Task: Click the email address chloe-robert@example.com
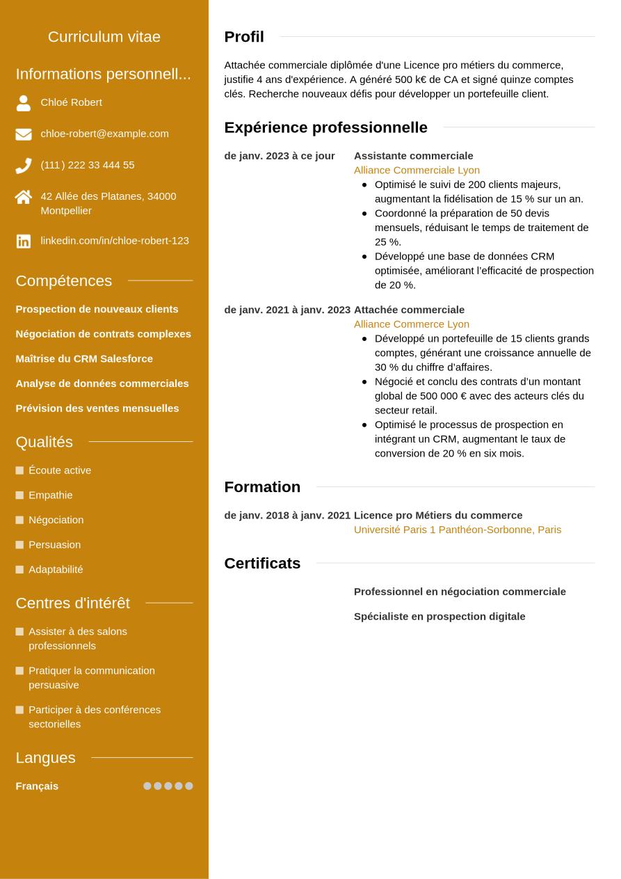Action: click(104, 134)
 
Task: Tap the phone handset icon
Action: click(24, 166)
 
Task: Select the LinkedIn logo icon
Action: click(24, 241)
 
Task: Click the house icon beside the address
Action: click(24, 198)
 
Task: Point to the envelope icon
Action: click(24, 134)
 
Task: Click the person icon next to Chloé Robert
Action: click(24, 103)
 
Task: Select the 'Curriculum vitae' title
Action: click(104, 37)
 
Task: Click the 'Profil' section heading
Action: click(244, 37)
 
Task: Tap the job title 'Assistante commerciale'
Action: click(413, 156)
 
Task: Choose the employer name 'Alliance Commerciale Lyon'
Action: click(417, 170)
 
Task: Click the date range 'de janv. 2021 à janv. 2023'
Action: click(287, 310)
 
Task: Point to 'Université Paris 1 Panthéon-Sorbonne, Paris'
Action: click(457, 530)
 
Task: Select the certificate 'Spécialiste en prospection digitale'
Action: click(439, 617)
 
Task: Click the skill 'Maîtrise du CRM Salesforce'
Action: click(84, 358)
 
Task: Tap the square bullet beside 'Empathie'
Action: click(19, 496)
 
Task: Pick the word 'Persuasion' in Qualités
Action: click(54, 545)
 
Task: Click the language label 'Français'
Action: click(37, 786)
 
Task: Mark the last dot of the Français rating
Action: click(188, 786)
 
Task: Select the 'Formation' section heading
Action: click(262, 487)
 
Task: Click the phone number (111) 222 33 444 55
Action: click(88, 165)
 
